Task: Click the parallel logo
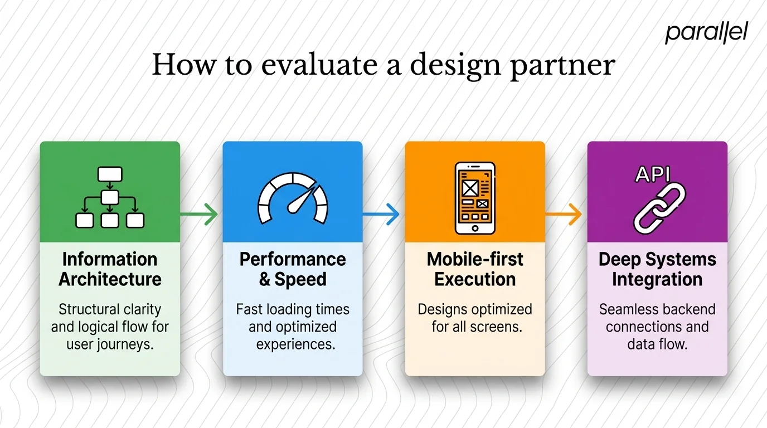click(706, 33)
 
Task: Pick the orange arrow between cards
click(565, 214)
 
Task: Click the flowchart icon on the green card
click(110, 197)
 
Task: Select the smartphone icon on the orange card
click(475, 198)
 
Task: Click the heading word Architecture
click(110, 279)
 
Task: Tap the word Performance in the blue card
click(293, 259)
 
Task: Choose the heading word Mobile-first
click(475, 259)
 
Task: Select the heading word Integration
click(657, 279)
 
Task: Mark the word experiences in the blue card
click(295, 344)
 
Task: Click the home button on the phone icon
click(475, 228)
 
